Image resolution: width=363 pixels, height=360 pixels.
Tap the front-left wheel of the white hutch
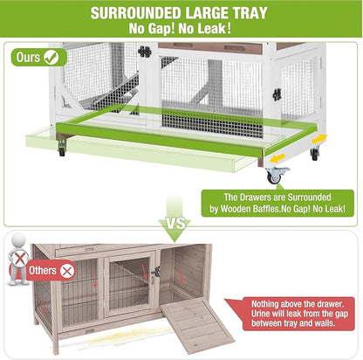pyautogui.click(x=60, y=152)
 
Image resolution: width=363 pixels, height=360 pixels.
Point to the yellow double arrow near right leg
pyautogui.click(x=318, y=139)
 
